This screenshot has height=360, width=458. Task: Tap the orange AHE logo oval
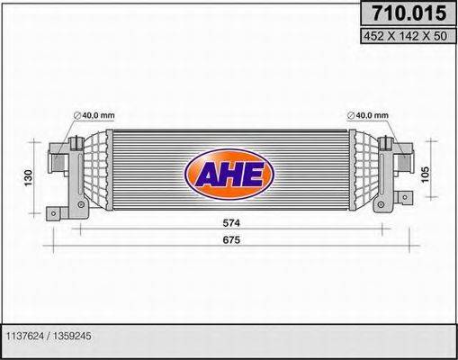coord(229,174)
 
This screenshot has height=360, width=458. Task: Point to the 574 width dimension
coord(232,222)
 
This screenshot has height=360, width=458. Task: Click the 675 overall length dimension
coord(232,239)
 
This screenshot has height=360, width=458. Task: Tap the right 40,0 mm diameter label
coord(369,114)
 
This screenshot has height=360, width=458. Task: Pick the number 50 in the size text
coord(438,37)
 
